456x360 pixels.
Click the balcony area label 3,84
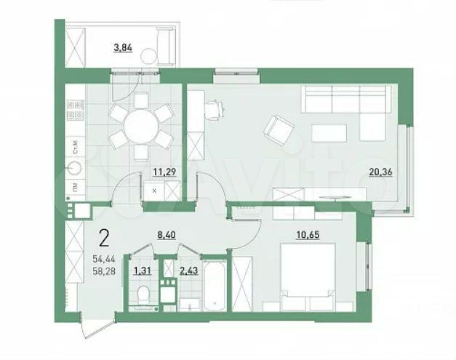coord(122,49)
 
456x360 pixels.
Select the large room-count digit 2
coord(105,238)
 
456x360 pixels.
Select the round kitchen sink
coord(73,169)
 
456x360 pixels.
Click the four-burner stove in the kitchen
coord(74,110)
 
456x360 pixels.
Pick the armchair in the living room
coord(279,129)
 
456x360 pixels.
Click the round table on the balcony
coord(150,55)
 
